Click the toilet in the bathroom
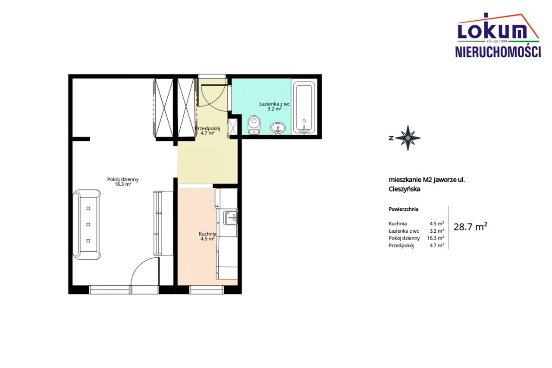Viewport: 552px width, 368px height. pyautogui.click(x=254, y=125)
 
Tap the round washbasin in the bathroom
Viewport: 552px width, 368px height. pyautogui.click(x=278, y=128)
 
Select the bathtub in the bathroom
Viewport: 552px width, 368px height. pyautogui.click(x=304, y=107)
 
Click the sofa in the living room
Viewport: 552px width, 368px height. pyautogui.click(x=87, y=225)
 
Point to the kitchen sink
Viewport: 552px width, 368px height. pyautogui.click(x=230, y=218)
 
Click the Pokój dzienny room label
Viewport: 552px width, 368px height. pyautogui.click(x=123, y=179)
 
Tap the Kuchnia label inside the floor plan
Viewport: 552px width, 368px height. pyautogui.click(x=207, y=234)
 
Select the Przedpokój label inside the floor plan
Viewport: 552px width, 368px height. pyautogui.click(x=207, y=128)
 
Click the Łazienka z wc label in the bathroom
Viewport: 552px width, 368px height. pyautogui.click(x=274, y=104)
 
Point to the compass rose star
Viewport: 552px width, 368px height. pyautogui.click(x=408, y=138)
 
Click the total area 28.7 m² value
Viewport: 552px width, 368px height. pyautogui.click(x=470, y=227)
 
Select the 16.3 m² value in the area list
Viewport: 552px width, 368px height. pyautogui.click(x=436, y=238)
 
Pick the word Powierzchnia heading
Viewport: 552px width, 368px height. pyautogui.click(x=403, y=209)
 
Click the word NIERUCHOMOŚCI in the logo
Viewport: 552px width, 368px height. pyautogui.click(x=498, y=52)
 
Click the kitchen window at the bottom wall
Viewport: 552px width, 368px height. pyautogui.click(x=207, y=290)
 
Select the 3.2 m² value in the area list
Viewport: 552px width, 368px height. pyautogui.click(x=437, y=231)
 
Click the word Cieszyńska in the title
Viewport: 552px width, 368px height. pyautogui.click(x=405, y=189)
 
